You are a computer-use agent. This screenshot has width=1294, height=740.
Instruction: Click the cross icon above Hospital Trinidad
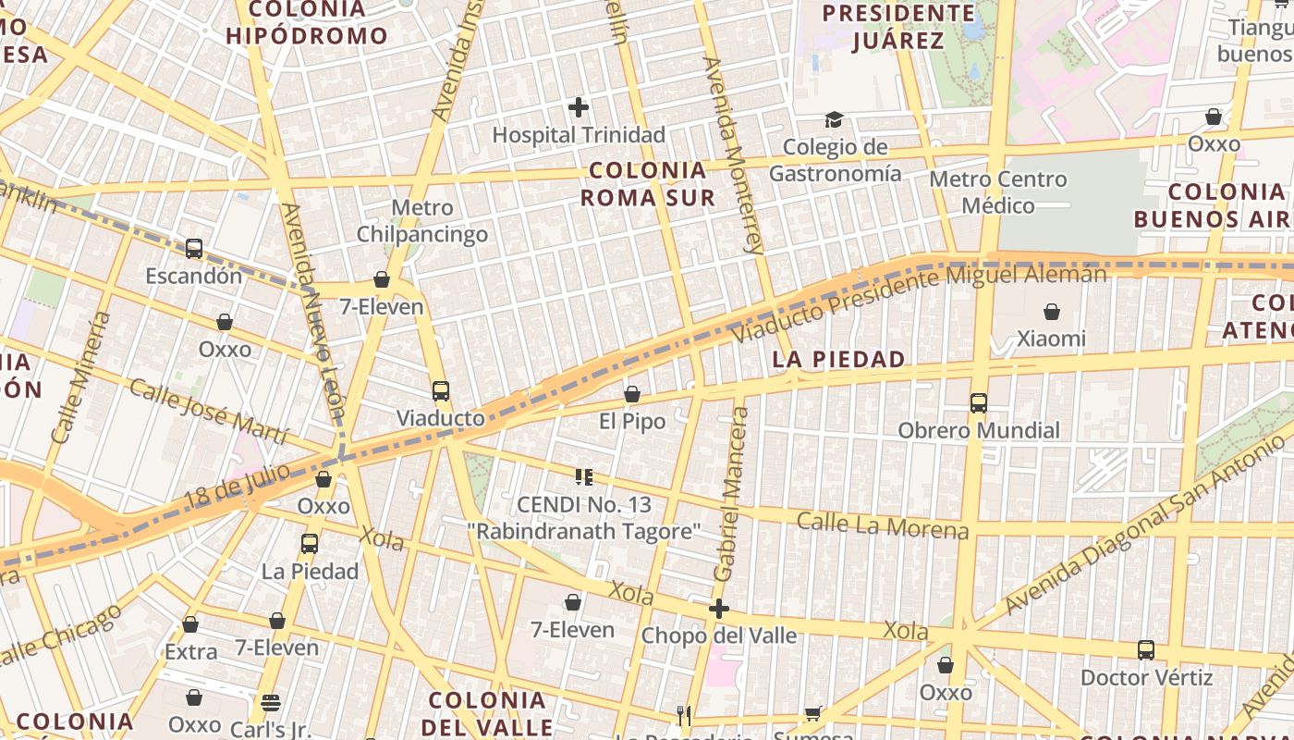579,108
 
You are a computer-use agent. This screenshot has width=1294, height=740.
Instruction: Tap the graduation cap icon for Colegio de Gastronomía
834,120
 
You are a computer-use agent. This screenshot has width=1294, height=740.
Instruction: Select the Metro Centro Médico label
998,191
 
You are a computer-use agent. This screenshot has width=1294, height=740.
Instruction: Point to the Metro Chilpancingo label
422,221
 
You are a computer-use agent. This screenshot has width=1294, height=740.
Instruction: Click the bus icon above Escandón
194,249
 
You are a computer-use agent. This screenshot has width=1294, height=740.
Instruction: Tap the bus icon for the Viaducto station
441,391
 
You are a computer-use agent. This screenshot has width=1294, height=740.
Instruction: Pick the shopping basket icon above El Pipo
632,395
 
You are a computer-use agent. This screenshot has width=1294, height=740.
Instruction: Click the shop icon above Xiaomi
1052,312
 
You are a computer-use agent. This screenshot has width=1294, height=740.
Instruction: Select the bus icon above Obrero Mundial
979,403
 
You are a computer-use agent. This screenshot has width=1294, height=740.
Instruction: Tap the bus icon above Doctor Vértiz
1146,650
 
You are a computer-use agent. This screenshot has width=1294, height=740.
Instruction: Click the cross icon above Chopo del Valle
719,609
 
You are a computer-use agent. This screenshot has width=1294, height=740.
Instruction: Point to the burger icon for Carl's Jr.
270,703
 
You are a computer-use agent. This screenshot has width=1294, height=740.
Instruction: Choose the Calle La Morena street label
883,525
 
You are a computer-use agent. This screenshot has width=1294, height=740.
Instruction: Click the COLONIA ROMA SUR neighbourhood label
648,184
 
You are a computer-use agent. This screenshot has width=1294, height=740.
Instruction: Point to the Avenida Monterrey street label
735,155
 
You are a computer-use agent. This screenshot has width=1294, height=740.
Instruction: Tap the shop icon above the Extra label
190,625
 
